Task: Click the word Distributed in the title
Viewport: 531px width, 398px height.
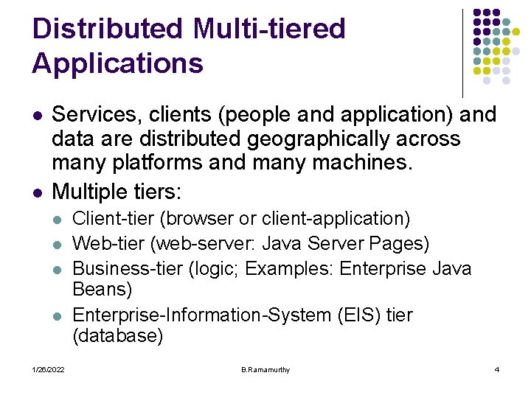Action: click(108, 29)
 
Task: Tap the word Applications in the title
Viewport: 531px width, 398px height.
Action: click(117, 63)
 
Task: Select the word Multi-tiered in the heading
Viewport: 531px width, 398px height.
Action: click(268, 29)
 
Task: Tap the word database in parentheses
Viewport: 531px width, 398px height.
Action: click(118, 337)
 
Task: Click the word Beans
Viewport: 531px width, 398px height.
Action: click(103, 289)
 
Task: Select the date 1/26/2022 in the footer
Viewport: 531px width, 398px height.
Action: click(48, 369)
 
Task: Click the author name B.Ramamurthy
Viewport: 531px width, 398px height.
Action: click(265, 369)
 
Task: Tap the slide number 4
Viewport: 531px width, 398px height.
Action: click(496, 369)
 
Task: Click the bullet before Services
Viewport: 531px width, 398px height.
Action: click(38, 116)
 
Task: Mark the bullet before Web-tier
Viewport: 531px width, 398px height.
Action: click(60, 244)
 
